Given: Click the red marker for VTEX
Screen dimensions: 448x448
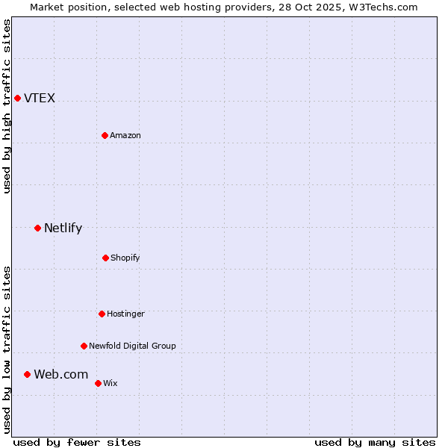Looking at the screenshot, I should click(x=17, y=98).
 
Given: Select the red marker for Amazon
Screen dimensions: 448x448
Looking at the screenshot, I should click(x=105, y=135).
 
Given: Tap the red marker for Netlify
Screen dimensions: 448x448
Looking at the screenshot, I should click(x=37, y=228).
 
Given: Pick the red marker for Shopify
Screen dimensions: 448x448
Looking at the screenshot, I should click(x=105, y=258).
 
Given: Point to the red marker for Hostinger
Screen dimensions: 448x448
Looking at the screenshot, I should click(x=102, y=314).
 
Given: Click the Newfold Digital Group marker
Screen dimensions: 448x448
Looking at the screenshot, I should click(x=84, y=346).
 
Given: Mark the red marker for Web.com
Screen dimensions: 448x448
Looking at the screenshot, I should click(x=27, y=374).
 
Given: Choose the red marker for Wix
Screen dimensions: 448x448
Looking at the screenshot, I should click(x=98, y=383).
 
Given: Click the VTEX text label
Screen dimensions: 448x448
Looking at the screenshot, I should click(x=40, y=99).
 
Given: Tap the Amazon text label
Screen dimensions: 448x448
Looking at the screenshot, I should click(x=125, y=136).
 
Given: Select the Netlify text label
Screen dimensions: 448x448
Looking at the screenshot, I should click(x=63, y=228).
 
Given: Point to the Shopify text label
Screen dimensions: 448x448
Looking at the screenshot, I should click(x=125, y=258).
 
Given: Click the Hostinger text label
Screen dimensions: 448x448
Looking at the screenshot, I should click(x=125, y=314).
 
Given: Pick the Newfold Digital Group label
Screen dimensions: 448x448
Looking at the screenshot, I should click(x=132, y=346).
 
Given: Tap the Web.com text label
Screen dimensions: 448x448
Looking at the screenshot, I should click(x=60, y=375).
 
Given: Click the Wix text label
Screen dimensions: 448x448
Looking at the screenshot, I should click(x=111, y=384).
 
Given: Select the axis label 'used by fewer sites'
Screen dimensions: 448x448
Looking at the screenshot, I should click(x=77, y=442).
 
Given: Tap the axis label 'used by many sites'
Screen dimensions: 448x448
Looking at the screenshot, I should click(x=375, y=442).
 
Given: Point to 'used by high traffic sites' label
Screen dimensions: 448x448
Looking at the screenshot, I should click(x=7, y=106).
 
